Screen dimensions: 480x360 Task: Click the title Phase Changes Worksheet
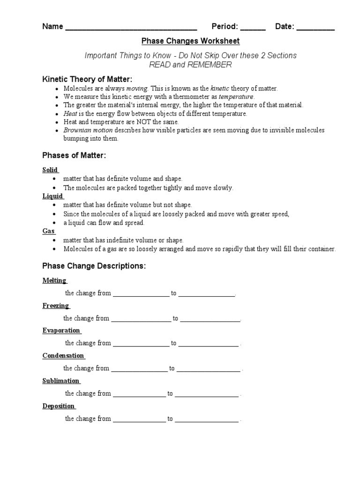190,41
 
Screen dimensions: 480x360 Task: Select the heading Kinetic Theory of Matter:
87,79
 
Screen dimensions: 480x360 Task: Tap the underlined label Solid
50,170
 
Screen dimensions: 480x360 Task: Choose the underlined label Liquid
52,196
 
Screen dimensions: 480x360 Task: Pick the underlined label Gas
48,231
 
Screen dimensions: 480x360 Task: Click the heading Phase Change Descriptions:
94,266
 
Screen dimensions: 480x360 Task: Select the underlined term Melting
54,280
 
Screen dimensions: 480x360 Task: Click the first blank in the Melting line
141,294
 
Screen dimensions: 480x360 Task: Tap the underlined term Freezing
56,306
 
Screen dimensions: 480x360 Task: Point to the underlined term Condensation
63,356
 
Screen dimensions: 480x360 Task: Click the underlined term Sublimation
61,381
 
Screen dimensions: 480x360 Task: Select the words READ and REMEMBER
190,65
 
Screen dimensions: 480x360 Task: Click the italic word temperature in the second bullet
236,96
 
